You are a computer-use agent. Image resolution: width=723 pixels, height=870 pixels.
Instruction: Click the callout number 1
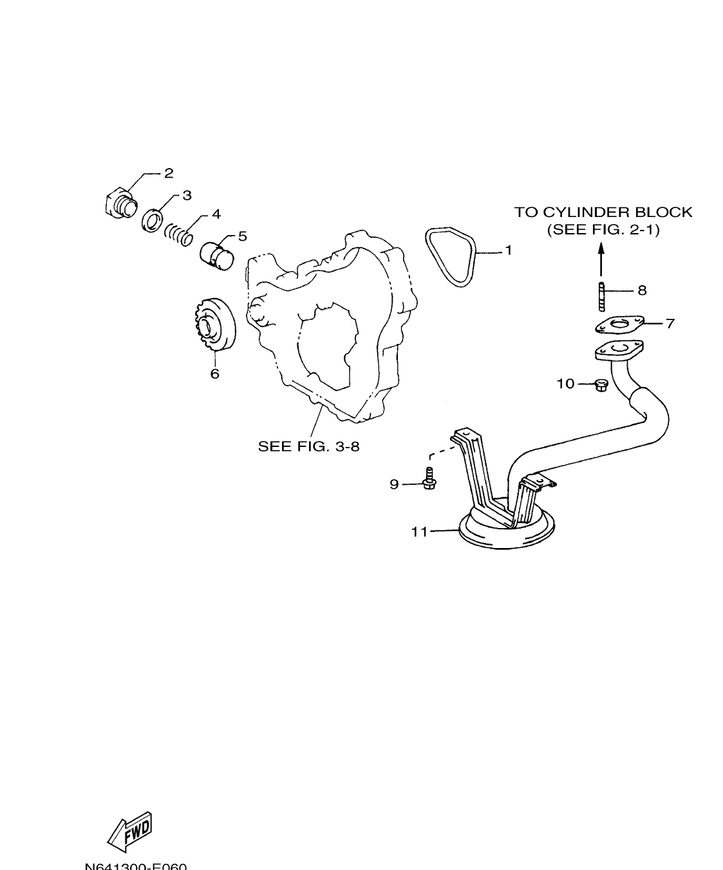click(x=508, y=251)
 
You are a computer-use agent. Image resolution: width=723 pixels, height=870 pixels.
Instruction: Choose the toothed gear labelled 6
click(x=212, y=328)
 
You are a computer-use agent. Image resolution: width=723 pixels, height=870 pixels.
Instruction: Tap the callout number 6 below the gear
click(x=215, y=374)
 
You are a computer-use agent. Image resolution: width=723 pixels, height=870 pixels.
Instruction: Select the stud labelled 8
click(x=601, y=295)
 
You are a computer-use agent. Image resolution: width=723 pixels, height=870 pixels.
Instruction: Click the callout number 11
click(x=420, y=532)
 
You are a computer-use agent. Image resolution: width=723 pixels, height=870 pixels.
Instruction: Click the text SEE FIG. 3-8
click(x=308, y=446)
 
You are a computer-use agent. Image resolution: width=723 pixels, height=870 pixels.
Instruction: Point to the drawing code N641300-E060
click(x=136, y=865)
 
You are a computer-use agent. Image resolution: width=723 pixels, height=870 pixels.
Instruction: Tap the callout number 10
click(x=565, y=384)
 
